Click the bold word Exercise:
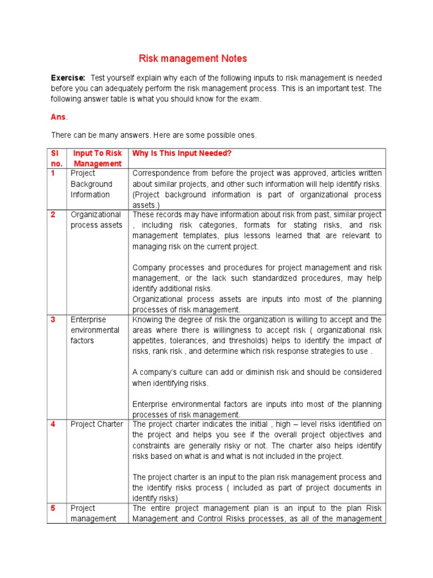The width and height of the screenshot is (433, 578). point(68,77)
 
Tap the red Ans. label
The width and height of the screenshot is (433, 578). point(59,117)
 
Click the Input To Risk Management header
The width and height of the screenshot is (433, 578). point(98,159)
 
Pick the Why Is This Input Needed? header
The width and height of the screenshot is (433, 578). point(182,154)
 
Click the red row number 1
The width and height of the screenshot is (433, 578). point(53,173)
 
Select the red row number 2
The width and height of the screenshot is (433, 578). point(53,214)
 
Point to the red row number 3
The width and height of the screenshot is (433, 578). point(53,319)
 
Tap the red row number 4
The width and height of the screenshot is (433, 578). point(53,424)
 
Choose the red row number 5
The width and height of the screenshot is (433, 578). point(53,508)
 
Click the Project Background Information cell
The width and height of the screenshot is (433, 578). point(91,184)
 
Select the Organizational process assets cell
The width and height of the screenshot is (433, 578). point(96,220)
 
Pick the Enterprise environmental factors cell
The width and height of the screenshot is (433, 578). point(95,330)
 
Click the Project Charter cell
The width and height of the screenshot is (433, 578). point(96,424)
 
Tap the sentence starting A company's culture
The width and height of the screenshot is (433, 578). point(257,378)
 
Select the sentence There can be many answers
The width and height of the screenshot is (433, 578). point(153,135)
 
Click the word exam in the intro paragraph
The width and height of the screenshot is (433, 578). point(252,99)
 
